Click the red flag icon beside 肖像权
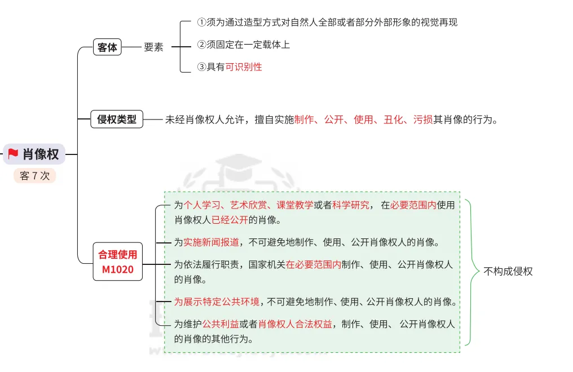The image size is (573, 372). coord(13,154)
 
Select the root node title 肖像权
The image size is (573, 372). coord(41,154)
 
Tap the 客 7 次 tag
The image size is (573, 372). coord(34,176)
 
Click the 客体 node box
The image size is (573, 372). coord(107,47)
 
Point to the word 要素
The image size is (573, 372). coord(153,47)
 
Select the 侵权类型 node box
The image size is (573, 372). coord(117,119)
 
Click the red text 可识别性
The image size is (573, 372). coord(244,67)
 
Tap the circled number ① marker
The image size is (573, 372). coord(201,23)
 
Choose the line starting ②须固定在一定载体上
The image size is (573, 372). coord(243,45)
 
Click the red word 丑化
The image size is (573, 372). coord(393,119)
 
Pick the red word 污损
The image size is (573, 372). coord(423,119)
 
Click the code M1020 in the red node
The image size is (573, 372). coord(118,269)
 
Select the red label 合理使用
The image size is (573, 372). coord(118,255)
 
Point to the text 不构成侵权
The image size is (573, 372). coord(508,271)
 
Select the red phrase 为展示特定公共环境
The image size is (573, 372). coord(217,302)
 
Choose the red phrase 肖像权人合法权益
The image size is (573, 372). coord(295,324)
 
